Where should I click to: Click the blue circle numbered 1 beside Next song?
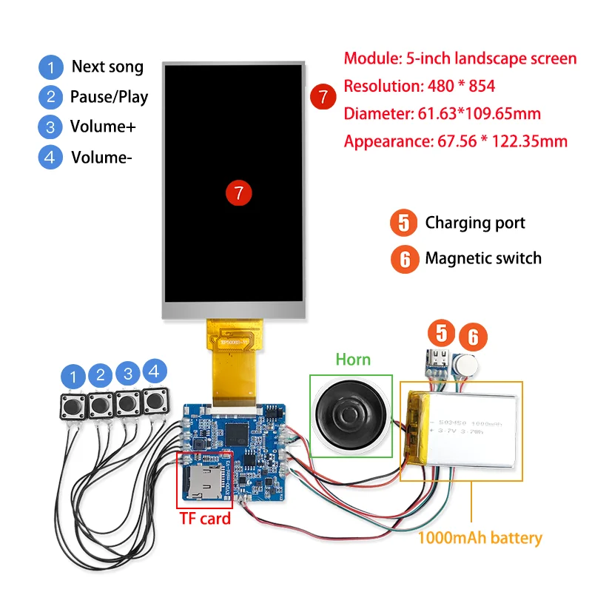(x=50, y=67)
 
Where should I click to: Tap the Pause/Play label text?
(x=109, y=96)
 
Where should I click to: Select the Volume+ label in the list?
(x=103, y=126)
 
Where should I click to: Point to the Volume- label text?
(x=101, y=157)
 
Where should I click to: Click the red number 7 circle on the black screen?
(x=238, y=192)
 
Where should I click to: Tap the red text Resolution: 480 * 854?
(x=420, y=86)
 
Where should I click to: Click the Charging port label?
(x=475, y=222)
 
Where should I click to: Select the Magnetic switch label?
(x=482, y=258)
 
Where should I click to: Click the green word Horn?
(x=352, y=360)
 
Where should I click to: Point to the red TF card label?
(x=205, y=518)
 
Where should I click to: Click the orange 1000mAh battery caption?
(x=480, y=538)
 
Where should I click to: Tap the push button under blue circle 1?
(x=73, y=406)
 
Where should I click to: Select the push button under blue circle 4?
(x=155, y=403)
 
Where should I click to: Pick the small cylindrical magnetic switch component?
(x=464, y=365)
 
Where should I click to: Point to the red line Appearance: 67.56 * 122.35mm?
(x=456, y=141)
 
